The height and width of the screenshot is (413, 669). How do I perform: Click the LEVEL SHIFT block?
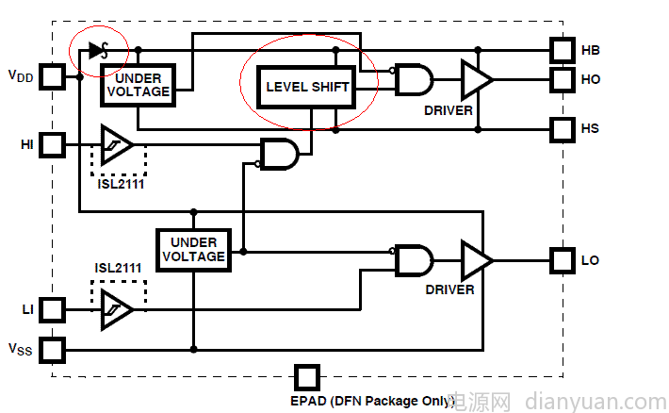(307, 87)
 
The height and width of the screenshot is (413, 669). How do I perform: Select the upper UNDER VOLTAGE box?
(137, 86)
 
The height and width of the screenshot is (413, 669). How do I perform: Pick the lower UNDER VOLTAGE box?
(193, 250)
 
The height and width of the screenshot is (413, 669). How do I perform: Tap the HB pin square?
(563, 49)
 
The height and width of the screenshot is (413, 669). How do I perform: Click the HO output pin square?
(563, 79)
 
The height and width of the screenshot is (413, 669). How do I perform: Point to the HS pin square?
(563, 128)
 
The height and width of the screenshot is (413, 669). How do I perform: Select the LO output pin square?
(563, 259)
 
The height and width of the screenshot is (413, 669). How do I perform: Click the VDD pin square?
(53, 75)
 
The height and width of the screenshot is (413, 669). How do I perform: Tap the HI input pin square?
(53, 145)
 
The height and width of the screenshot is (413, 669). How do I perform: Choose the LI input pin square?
(53, 308)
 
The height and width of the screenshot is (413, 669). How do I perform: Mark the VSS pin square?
(53, 350)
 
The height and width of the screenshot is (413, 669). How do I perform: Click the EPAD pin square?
(306, 377)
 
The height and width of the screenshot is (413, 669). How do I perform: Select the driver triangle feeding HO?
(475, 79)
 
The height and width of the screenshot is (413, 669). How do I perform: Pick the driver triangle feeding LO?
(475, 259)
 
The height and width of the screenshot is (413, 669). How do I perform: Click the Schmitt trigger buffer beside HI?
(116, 145)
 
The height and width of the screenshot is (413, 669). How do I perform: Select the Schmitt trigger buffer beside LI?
(116, 308)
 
